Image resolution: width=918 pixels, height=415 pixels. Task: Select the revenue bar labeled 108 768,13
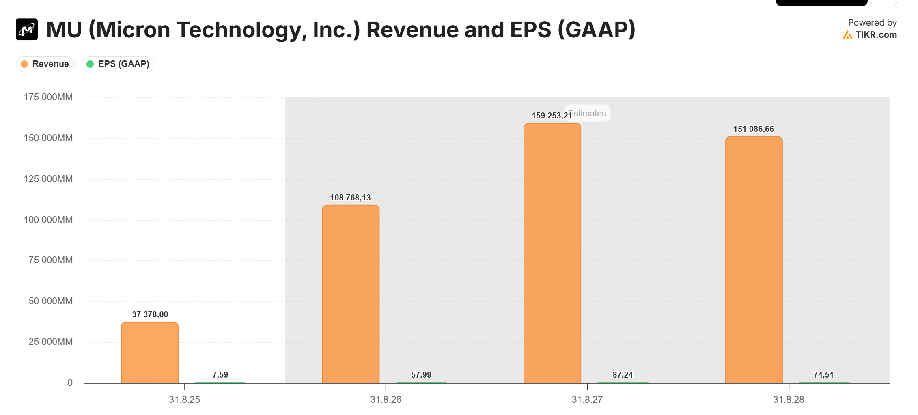pos(351,294)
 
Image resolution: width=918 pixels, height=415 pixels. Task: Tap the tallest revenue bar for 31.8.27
pos(552,253)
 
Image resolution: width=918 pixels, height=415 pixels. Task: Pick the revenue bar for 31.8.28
pos(754,260)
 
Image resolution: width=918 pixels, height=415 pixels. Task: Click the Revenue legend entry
pos(45,64)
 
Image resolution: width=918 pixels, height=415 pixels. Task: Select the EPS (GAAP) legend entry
pos(118,64)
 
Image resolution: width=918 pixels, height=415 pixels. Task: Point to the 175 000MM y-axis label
pos(48,97)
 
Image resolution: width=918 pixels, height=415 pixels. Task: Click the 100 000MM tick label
pos(48,220)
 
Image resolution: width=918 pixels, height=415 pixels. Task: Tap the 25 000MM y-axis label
pos(50,342)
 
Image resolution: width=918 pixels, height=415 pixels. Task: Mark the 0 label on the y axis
pos(70,383)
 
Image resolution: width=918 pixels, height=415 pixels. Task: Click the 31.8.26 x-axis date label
pos(386,400)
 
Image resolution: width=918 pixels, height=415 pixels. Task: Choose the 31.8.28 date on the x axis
pos(789,400)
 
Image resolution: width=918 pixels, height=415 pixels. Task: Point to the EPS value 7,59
pos(220,375)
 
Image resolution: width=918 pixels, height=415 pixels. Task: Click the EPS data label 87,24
pos(623,375)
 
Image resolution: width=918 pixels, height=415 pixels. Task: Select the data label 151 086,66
pos(753,129)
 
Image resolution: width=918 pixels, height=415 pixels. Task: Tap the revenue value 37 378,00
pos(150,314)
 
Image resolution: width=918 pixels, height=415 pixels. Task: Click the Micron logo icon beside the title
pos(27,29)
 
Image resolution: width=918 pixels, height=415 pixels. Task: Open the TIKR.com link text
pos(876,35)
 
